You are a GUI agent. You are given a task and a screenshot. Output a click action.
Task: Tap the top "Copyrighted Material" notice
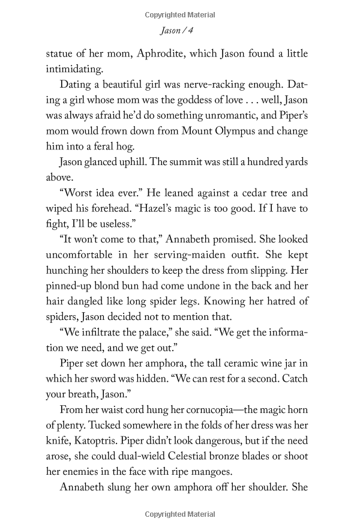[179, 14]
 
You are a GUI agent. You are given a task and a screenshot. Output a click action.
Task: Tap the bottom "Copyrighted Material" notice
[179, 514]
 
